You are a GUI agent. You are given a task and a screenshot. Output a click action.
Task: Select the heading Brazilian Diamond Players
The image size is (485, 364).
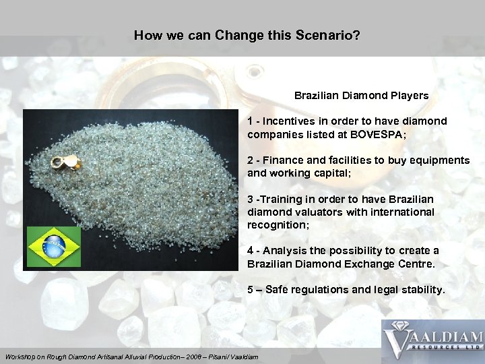click(361, 96)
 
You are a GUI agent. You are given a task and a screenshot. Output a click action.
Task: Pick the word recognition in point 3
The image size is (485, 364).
click(277, 224)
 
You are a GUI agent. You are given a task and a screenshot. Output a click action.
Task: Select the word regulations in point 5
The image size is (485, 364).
click(323, 290)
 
